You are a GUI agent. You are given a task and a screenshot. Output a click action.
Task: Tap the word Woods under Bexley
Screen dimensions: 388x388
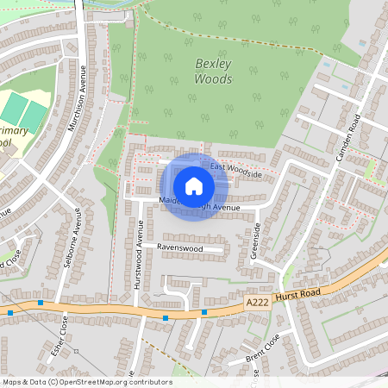coord(214,79)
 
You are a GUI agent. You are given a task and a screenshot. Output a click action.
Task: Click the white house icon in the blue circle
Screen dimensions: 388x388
coord(194,185)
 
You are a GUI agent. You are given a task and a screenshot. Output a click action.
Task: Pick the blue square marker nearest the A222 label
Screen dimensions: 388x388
coord(204,311)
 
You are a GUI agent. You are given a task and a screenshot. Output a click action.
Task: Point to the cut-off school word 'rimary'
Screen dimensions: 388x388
coord(12,130)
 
